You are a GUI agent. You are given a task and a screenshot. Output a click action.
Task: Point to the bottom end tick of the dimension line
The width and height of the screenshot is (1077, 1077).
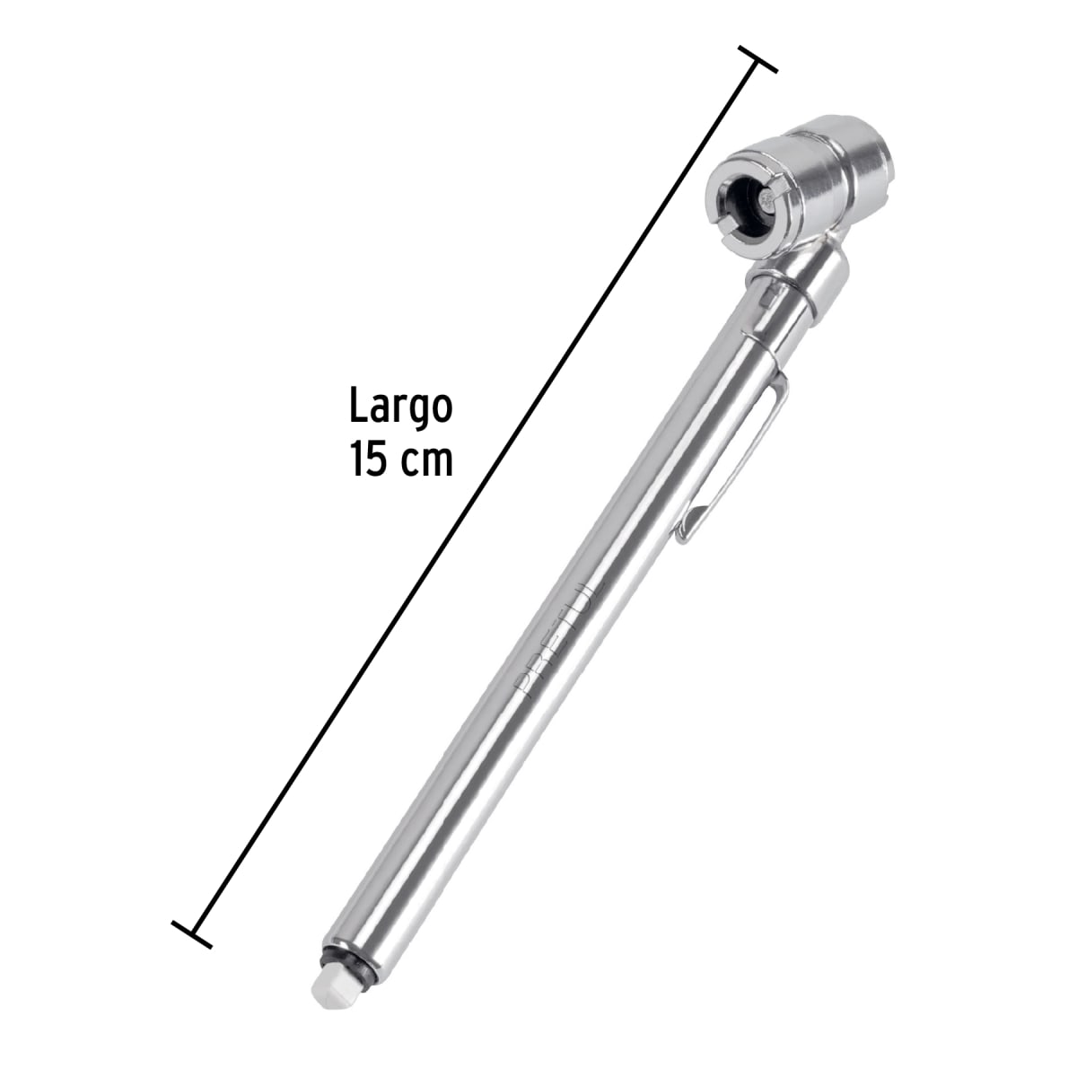192,934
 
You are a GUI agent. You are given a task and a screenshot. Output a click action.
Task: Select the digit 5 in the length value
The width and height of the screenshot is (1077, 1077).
377,460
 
